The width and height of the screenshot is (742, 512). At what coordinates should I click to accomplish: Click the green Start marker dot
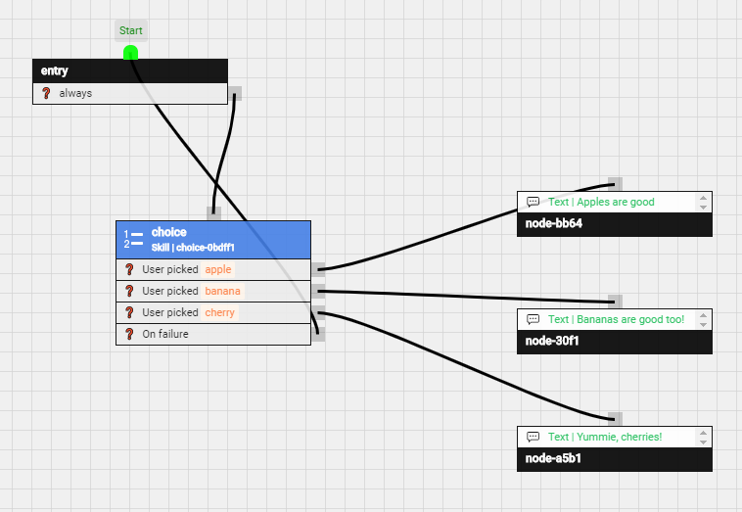[x=130, y=53]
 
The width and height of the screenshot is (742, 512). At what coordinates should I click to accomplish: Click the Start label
[x=131, y=30]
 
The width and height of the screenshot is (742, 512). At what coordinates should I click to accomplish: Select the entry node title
[x=55, y=71]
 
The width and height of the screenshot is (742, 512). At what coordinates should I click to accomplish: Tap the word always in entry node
[x=75, y=94]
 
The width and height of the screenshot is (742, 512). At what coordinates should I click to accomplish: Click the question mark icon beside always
[x=45, y=94]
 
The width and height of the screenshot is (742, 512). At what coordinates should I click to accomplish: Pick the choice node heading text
[x=168, y=232]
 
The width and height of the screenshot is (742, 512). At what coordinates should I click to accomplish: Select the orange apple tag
[x=218, y=269]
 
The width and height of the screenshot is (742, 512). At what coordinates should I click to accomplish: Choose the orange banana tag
[x=222, y=291]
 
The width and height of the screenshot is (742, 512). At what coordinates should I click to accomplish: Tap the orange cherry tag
[x=220, y=312]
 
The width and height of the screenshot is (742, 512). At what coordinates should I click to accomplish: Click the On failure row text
[x=165, y=334]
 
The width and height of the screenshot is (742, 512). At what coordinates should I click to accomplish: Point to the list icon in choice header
[x=133, y=239]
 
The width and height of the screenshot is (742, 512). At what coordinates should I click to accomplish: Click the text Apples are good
[x=601, y=202]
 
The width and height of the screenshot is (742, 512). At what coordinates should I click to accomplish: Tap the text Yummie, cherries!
[x=605, y=437]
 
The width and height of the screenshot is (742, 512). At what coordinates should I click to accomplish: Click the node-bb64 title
[x=555, y=224]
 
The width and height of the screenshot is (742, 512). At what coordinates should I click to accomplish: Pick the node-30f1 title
[x=554, y=342]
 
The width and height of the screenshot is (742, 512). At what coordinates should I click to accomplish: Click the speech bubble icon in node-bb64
[x=533, y=202]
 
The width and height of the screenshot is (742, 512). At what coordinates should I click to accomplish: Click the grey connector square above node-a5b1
[x=615, y=419]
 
